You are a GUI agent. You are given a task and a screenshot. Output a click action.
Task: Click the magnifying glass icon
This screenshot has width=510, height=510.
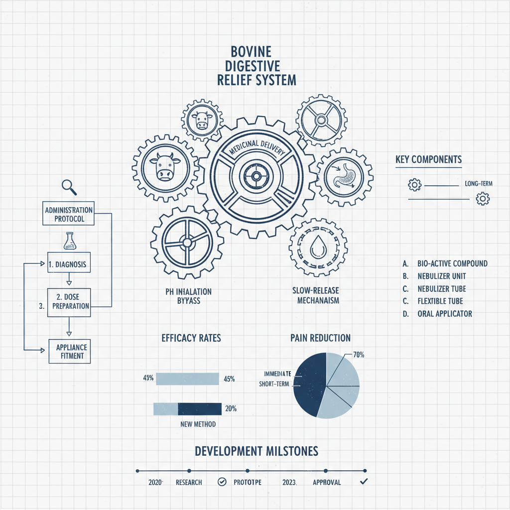(68, 187)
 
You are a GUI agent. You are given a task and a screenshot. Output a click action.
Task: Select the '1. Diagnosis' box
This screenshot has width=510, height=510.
(69, 264)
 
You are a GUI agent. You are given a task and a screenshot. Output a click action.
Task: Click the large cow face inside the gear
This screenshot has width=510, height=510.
(163, 167)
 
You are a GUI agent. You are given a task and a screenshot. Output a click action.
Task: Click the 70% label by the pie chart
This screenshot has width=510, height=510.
(359, 355)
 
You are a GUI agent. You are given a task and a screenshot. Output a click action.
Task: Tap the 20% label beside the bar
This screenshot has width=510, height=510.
(231, 409)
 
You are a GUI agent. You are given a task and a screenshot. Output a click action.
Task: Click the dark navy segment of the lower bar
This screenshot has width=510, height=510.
(199, 409)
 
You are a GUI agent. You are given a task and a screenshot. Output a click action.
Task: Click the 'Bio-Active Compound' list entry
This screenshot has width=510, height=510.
(452, 263)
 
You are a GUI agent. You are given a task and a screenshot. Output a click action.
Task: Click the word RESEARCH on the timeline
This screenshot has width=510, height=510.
(189, 482)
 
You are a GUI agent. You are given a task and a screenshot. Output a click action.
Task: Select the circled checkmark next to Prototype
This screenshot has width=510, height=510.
(222, 482)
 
